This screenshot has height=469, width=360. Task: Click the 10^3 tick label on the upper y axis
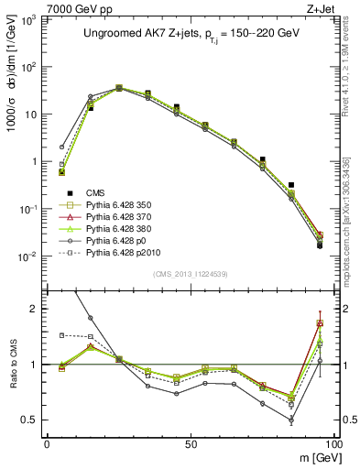pyautogui.click(x=30, y=19)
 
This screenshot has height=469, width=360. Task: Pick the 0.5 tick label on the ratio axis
pyautogui.click(x=29, y=420)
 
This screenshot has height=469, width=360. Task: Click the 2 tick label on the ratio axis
pyautogui.click(x=35, y=310)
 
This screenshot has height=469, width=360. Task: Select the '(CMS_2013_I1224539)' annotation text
pyautogui.click(x=190, y=273)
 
